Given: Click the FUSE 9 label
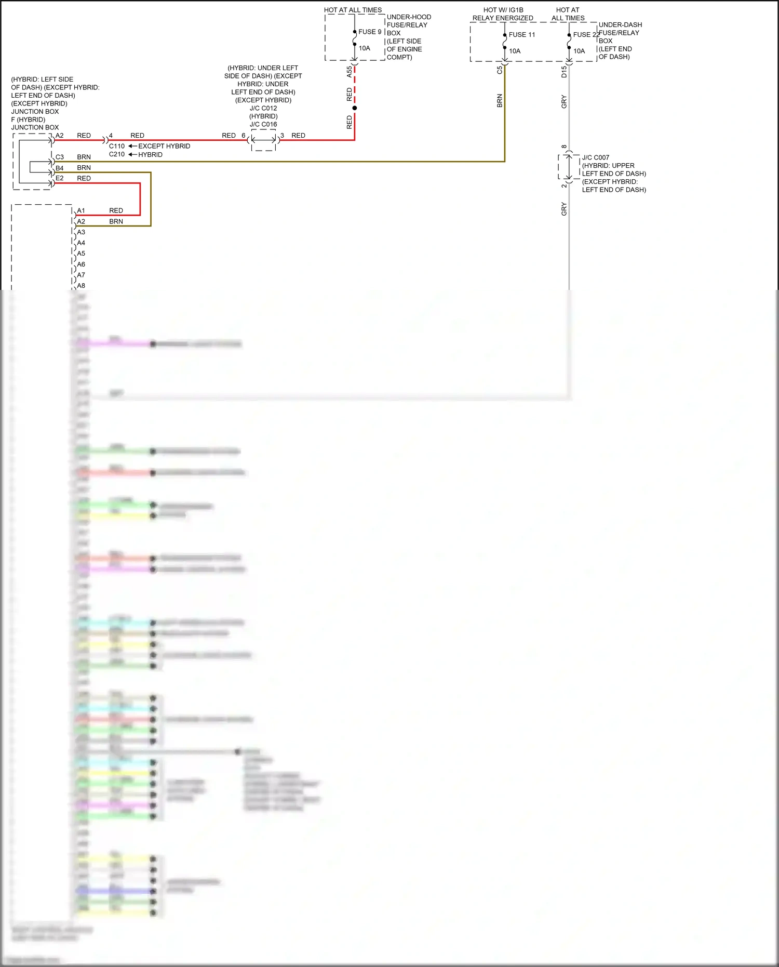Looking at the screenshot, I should click(x=370, y=32).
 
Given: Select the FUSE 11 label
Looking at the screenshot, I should click(x=521, y=35).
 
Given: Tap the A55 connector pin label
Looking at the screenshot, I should click(x=349, y=72).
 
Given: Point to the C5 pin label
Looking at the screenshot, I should click(x=500, y=70).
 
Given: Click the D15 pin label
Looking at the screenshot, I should click(x=564, y=72).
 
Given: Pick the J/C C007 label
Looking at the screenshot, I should click(x=595, y=157).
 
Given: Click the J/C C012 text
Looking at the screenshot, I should click(x=263, y=108).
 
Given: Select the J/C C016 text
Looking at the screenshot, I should click(x=263, y=124).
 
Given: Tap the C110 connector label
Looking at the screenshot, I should click(x=117, y=146).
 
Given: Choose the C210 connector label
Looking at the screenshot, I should click(x=117, y=154).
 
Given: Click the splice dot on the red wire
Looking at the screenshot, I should click(x=355, y=108).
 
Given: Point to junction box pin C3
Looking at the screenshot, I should click(x=60, y=157).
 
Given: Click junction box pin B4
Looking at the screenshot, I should click(x=60, y=168).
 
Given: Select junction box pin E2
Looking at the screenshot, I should click(x=60, y=178).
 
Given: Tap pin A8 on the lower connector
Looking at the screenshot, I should click(x=81, y=286).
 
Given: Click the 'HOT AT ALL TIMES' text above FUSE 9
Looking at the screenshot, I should click(x=353, y=10).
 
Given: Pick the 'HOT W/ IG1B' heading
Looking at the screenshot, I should click(x=503, y=10).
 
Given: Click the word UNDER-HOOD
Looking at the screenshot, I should click(x=409, y=17).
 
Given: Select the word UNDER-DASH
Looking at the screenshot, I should click(x=620, y=25).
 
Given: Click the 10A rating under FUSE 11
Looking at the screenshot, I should click(x=515, y=51).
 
